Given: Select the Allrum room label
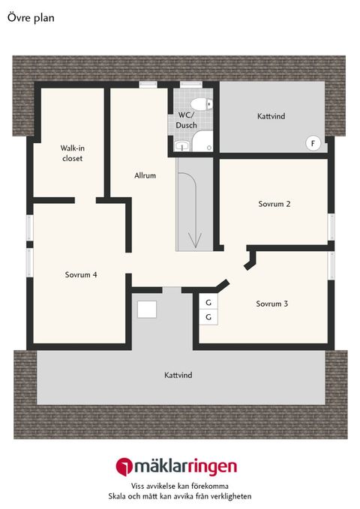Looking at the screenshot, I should pyautogui.click(x=145, y=175).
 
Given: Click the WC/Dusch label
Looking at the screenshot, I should pyautogui.click(x=187, y=120).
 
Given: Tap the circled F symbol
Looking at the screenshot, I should pyautogui.click(x=313, y=142).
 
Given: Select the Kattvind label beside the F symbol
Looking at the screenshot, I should pyautogui.click(x=271, y=116).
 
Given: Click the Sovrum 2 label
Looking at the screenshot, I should pyautogui.click(x=274, y=204).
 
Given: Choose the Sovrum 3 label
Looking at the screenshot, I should pyautogui.click(x=271, y=304).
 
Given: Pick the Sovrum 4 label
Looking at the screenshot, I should pyautogui.click(x=81, y=274).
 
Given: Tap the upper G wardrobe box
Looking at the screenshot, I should pyautogui.click(x=208, y=302).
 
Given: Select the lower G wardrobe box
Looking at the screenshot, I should pyautogui.click(x=208, y=317).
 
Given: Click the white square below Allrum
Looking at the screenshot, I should pyautogui.click(x=147, y=308).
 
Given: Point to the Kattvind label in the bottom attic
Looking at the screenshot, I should pyautogui.click(x=178, y=374).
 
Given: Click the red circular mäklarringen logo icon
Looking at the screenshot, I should pyautogui.click(x=123, y=466).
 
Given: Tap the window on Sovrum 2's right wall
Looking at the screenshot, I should pyautogui.click(x=331, y=226).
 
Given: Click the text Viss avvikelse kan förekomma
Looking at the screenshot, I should pyautogui.click(x=179, y=486).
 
